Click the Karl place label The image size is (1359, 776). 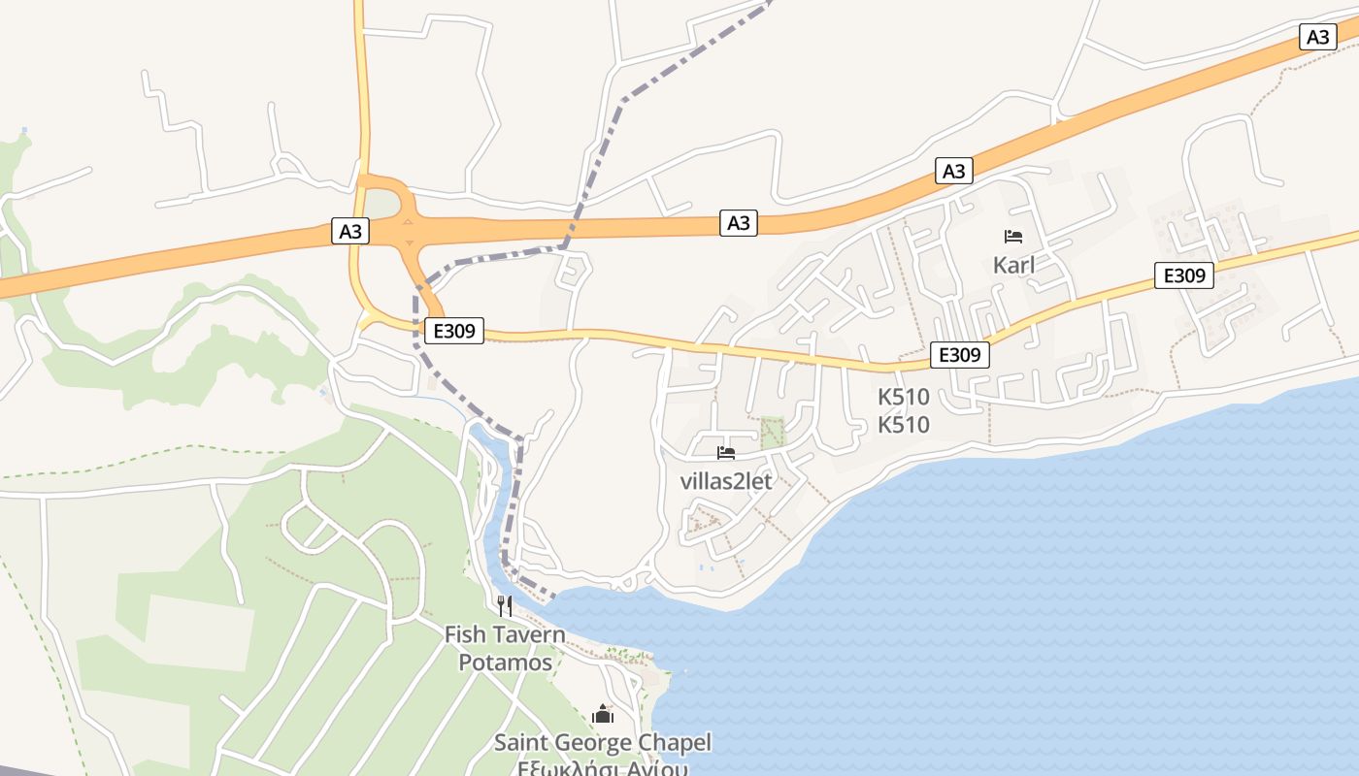(1013, 265)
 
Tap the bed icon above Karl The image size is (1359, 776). (1013, 236)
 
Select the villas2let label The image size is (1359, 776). (726, 480)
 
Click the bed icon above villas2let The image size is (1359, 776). (725, 452)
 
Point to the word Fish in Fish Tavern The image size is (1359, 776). (464, 634)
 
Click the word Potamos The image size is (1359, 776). (505, 663)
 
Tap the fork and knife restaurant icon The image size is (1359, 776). (505, 606)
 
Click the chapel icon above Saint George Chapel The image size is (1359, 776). (603, 715)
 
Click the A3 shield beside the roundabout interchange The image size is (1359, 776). (350, 231)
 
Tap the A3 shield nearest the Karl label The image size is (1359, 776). (954, 172)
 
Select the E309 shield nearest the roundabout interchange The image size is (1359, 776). (453, 331)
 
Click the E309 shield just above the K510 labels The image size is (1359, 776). (960, 355)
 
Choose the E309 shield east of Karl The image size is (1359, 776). (1184, 275)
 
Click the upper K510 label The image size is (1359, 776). (904, 397)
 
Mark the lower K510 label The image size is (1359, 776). (904, 425)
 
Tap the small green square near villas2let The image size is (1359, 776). (773, 433)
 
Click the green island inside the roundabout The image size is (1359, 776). (381, 205)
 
